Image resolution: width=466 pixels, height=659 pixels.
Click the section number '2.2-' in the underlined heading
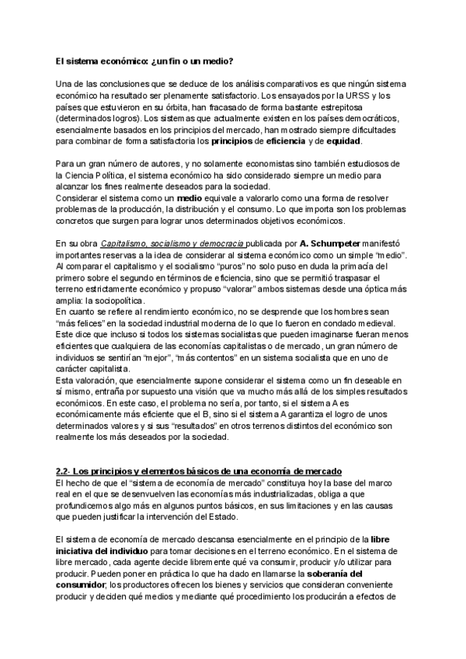pyautogui.click(x=64, y=473)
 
